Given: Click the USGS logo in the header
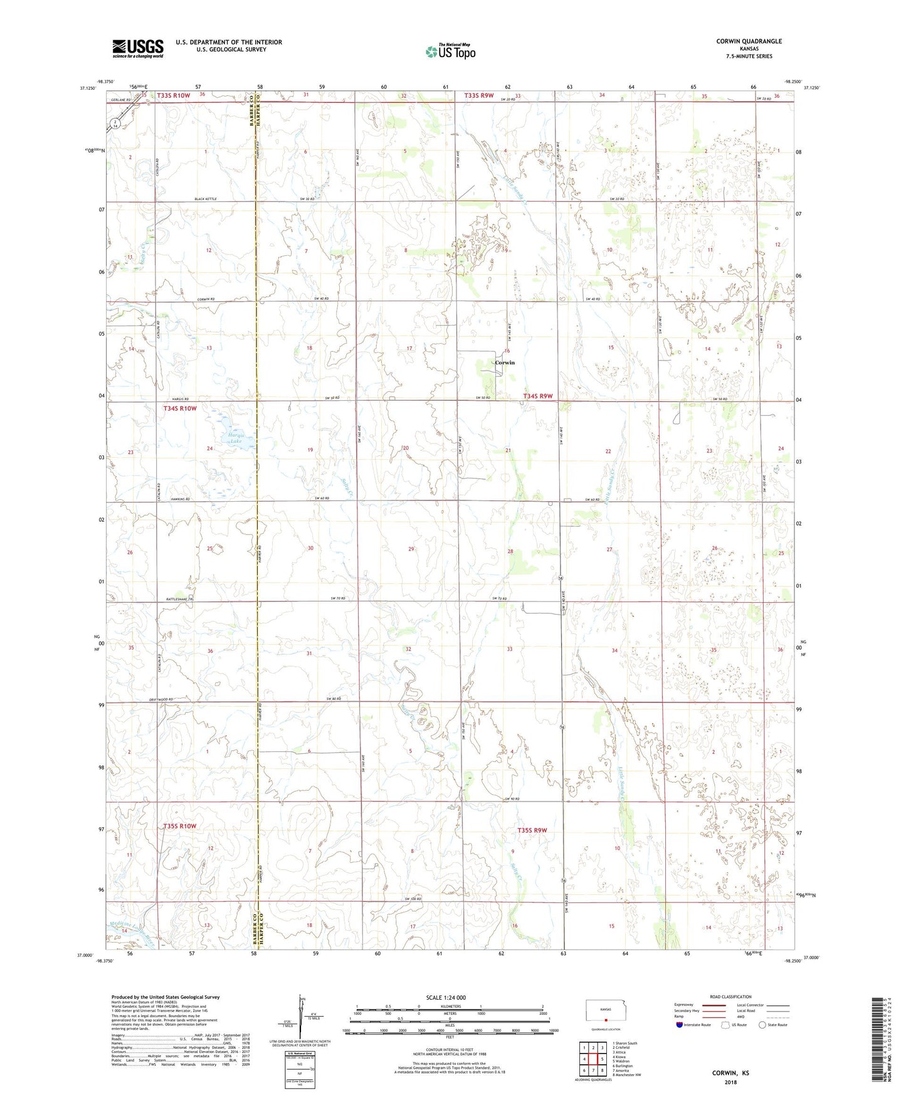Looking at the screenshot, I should click(138, 48).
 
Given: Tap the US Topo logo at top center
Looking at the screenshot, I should click(450, 51).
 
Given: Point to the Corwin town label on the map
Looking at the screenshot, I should click(504, 362).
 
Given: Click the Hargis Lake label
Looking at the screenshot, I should click(236, 438).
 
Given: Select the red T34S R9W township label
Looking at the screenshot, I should click(538, 396).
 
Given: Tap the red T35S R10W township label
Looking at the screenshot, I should click(179, 826).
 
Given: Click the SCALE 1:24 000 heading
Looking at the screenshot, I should click(446, 997).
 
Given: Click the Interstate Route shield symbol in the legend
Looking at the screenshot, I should click(679, 1025).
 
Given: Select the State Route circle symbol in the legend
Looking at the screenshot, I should click(762, 1025).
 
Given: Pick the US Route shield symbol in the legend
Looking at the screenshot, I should click(725, 1025).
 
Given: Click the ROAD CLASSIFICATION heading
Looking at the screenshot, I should click(730, 997).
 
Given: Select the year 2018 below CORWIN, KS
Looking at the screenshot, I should click(730, 1082).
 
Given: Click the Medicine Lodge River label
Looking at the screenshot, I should click(132, 927).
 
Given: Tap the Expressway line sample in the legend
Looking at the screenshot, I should click(714, 1004).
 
